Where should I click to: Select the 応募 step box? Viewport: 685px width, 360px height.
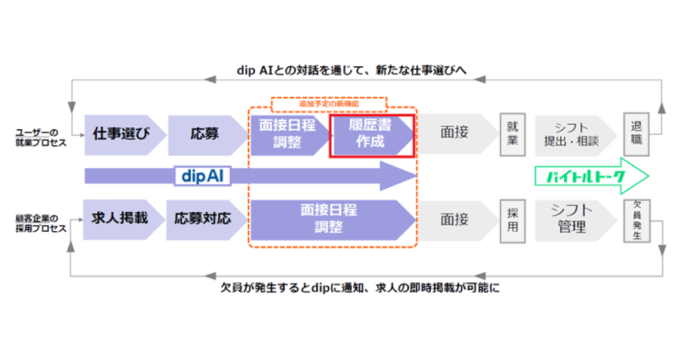pos(203,132)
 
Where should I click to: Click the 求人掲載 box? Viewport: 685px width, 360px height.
pos(120,218)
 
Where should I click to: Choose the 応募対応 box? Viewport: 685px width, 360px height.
pos(203,218)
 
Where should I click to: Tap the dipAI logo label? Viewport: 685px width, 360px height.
pos(202,176)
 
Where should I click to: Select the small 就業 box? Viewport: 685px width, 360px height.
pos(512,133)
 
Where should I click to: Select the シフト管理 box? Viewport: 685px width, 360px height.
pos(573,218)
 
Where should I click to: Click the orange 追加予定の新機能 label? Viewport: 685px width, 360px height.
pos(329,104)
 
